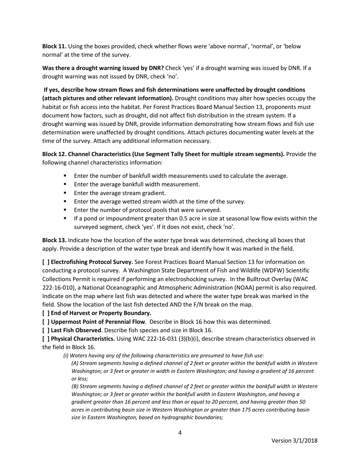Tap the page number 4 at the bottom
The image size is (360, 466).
180,433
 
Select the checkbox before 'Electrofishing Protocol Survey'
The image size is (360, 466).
46,262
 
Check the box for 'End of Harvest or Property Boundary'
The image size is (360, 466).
46,313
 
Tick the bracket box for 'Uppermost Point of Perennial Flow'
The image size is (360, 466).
46,322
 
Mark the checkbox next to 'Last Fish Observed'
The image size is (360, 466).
46,330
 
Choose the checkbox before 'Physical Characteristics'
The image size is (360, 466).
46,339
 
